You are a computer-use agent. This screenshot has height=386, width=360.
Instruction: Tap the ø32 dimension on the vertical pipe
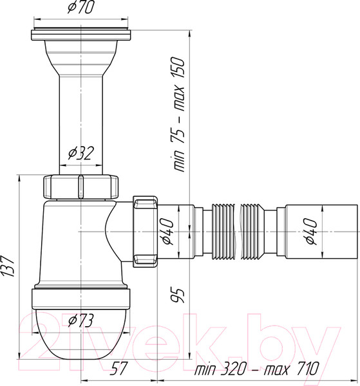pos(79,152)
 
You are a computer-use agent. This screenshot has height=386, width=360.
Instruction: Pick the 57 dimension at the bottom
pos(117,369)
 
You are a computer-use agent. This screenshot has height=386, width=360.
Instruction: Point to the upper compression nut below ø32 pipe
pos(81,186)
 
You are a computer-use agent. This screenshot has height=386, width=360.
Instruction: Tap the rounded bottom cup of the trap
pos(81,335)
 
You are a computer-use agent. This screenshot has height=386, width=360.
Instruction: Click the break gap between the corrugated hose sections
pos(236,232)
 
